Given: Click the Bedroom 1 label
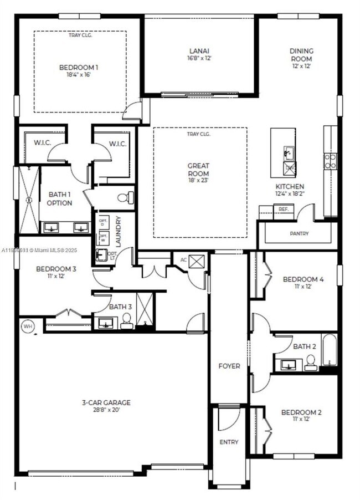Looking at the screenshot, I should pyautogui.click(x=79, y=68).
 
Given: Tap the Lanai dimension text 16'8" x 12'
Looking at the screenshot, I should pyautogui.click(x=199, y=58).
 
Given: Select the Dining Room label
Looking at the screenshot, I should pyautogui.click(x=301, y=55).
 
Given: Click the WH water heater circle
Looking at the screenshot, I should pyautogui.click(x=28, y=326).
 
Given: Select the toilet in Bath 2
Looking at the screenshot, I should pyautogui.click(x=310, y=362).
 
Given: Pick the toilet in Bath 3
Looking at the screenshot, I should pyautogui.click(x=126, y=321).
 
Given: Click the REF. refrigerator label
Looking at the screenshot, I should pyautogui.click(x=284, y=210).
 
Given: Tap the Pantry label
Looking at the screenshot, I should pyautogui.click(x=299, y=234).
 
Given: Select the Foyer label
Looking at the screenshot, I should pyautogui.click(x=229, y=366).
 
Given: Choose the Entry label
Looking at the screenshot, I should pyautogui.click(x=229, y=442).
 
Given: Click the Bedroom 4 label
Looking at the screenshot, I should pyautogui.click(x=303, y=279).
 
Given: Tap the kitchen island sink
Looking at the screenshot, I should pyautogui.click(x=289, y=151).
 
